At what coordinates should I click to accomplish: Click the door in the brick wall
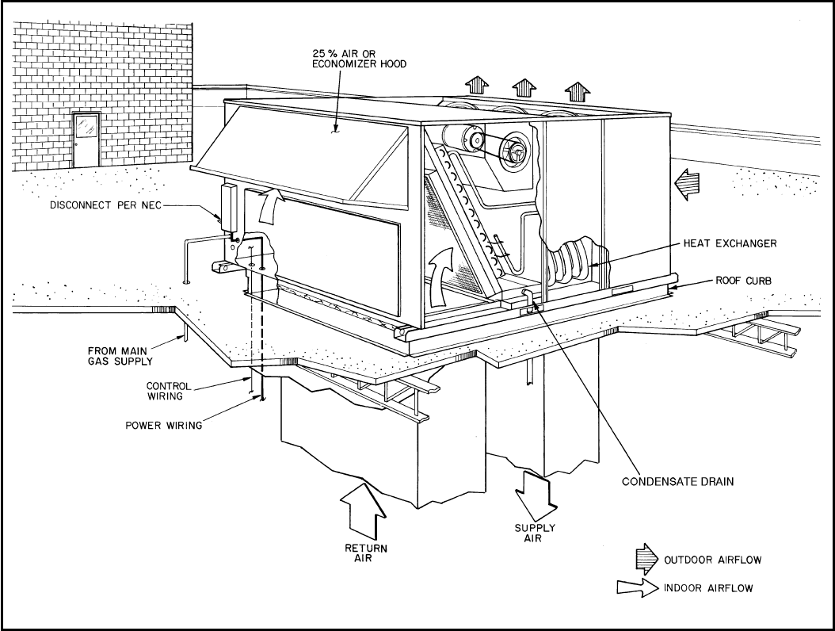point(86,139)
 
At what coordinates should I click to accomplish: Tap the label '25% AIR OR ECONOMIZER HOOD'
point(360,58)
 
